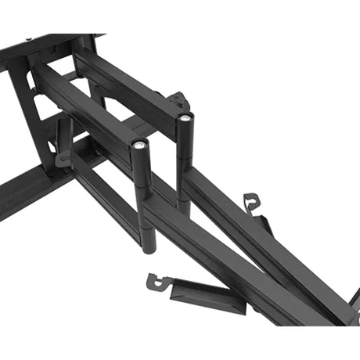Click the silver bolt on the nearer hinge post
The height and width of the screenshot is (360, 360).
click(139, 145)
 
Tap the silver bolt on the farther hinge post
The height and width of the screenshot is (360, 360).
click(184, 119)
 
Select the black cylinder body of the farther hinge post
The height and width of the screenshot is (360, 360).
click(185, 157)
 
